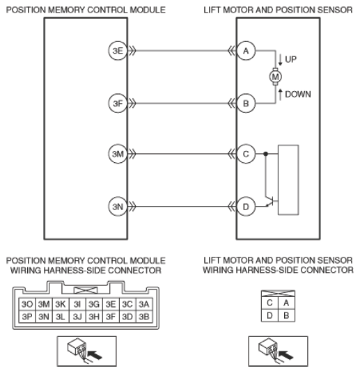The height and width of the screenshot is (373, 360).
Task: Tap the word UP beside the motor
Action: click(x=290, y=59)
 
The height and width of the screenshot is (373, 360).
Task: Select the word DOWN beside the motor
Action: click(x=298, y=94)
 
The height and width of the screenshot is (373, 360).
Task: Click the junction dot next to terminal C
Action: click(x=266, y=154)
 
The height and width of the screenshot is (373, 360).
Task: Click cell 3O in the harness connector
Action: click(x=27, y=304)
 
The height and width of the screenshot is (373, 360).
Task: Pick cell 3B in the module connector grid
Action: click(x=144, y=317)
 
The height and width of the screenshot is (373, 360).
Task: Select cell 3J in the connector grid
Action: click(x=77, y=317)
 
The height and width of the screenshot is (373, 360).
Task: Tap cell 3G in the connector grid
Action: click(x=94, y=304)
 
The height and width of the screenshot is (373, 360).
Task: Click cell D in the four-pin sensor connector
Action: click(x=269, y=315)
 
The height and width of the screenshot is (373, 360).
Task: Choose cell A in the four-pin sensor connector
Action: click(x=286, y=303)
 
